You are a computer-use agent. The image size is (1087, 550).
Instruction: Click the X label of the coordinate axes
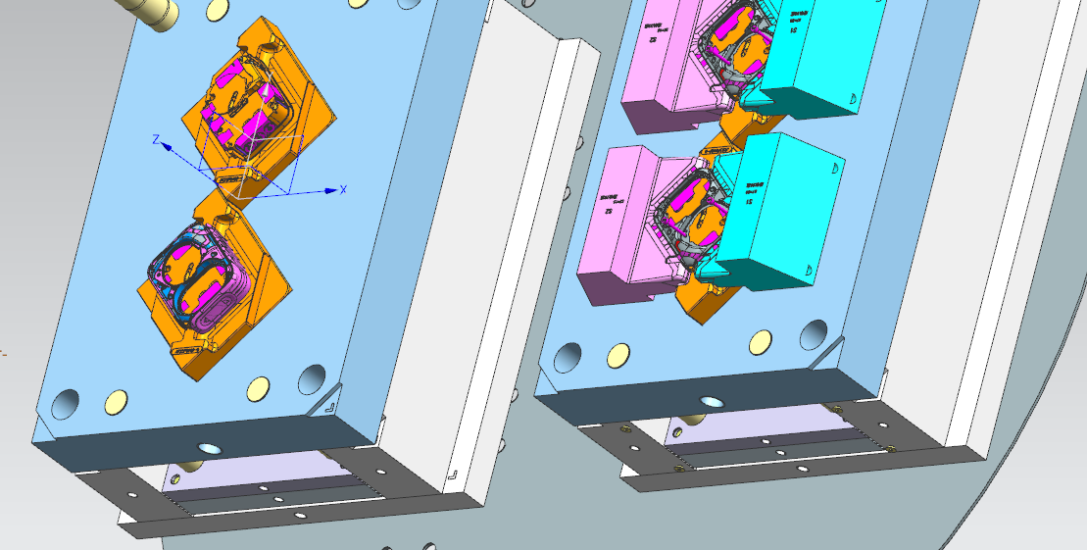click(343, 188)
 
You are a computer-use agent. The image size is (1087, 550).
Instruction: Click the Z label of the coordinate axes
click(155, 140)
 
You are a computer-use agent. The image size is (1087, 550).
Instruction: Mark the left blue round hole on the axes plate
click(66, 403)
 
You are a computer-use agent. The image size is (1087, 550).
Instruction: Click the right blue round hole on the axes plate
click(312, 378)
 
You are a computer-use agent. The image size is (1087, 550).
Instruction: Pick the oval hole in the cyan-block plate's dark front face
click(709, 402)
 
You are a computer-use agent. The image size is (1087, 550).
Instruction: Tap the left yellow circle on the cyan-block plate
click(618, 354)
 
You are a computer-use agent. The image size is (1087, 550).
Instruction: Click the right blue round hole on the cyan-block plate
click(814, 335)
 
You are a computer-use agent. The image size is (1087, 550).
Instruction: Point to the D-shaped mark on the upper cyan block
click(852, 98)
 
